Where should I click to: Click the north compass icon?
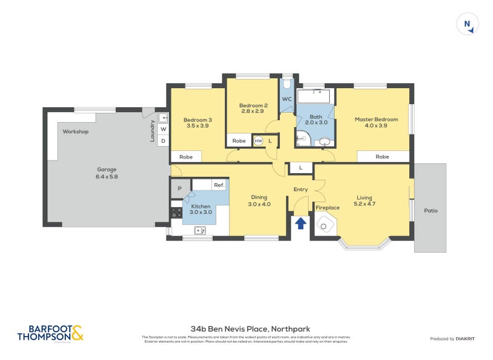[468, 25]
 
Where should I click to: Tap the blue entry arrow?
[301, 223]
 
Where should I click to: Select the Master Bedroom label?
[376, 119]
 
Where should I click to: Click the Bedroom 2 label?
[253, 105]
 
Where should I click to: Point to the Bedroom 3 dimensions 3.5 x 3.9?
[197, 126]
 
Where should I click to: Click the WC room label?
[287, 99]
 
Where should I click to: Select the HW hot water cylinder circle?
[258, 141]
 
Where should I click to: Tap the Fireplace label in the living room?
[328, 208]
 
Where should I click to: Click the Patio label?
[430, 211]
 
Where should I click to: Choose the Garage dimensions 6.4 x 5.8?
[106, 176]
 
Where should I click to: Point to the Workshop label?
[75, 132]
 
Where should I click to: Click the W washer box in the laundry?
[163, 129]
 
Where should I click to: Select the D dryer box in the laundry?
[163, 141]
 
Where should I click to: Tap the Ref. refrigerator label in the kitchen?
[218, 185]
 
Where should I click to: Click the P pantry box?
[179, 189]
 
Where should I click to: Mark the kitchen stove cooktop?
[176, 213]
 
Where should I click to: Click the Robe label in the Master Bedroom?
[382, 157]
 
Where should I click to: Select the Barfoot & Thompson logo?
[50, 333]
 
